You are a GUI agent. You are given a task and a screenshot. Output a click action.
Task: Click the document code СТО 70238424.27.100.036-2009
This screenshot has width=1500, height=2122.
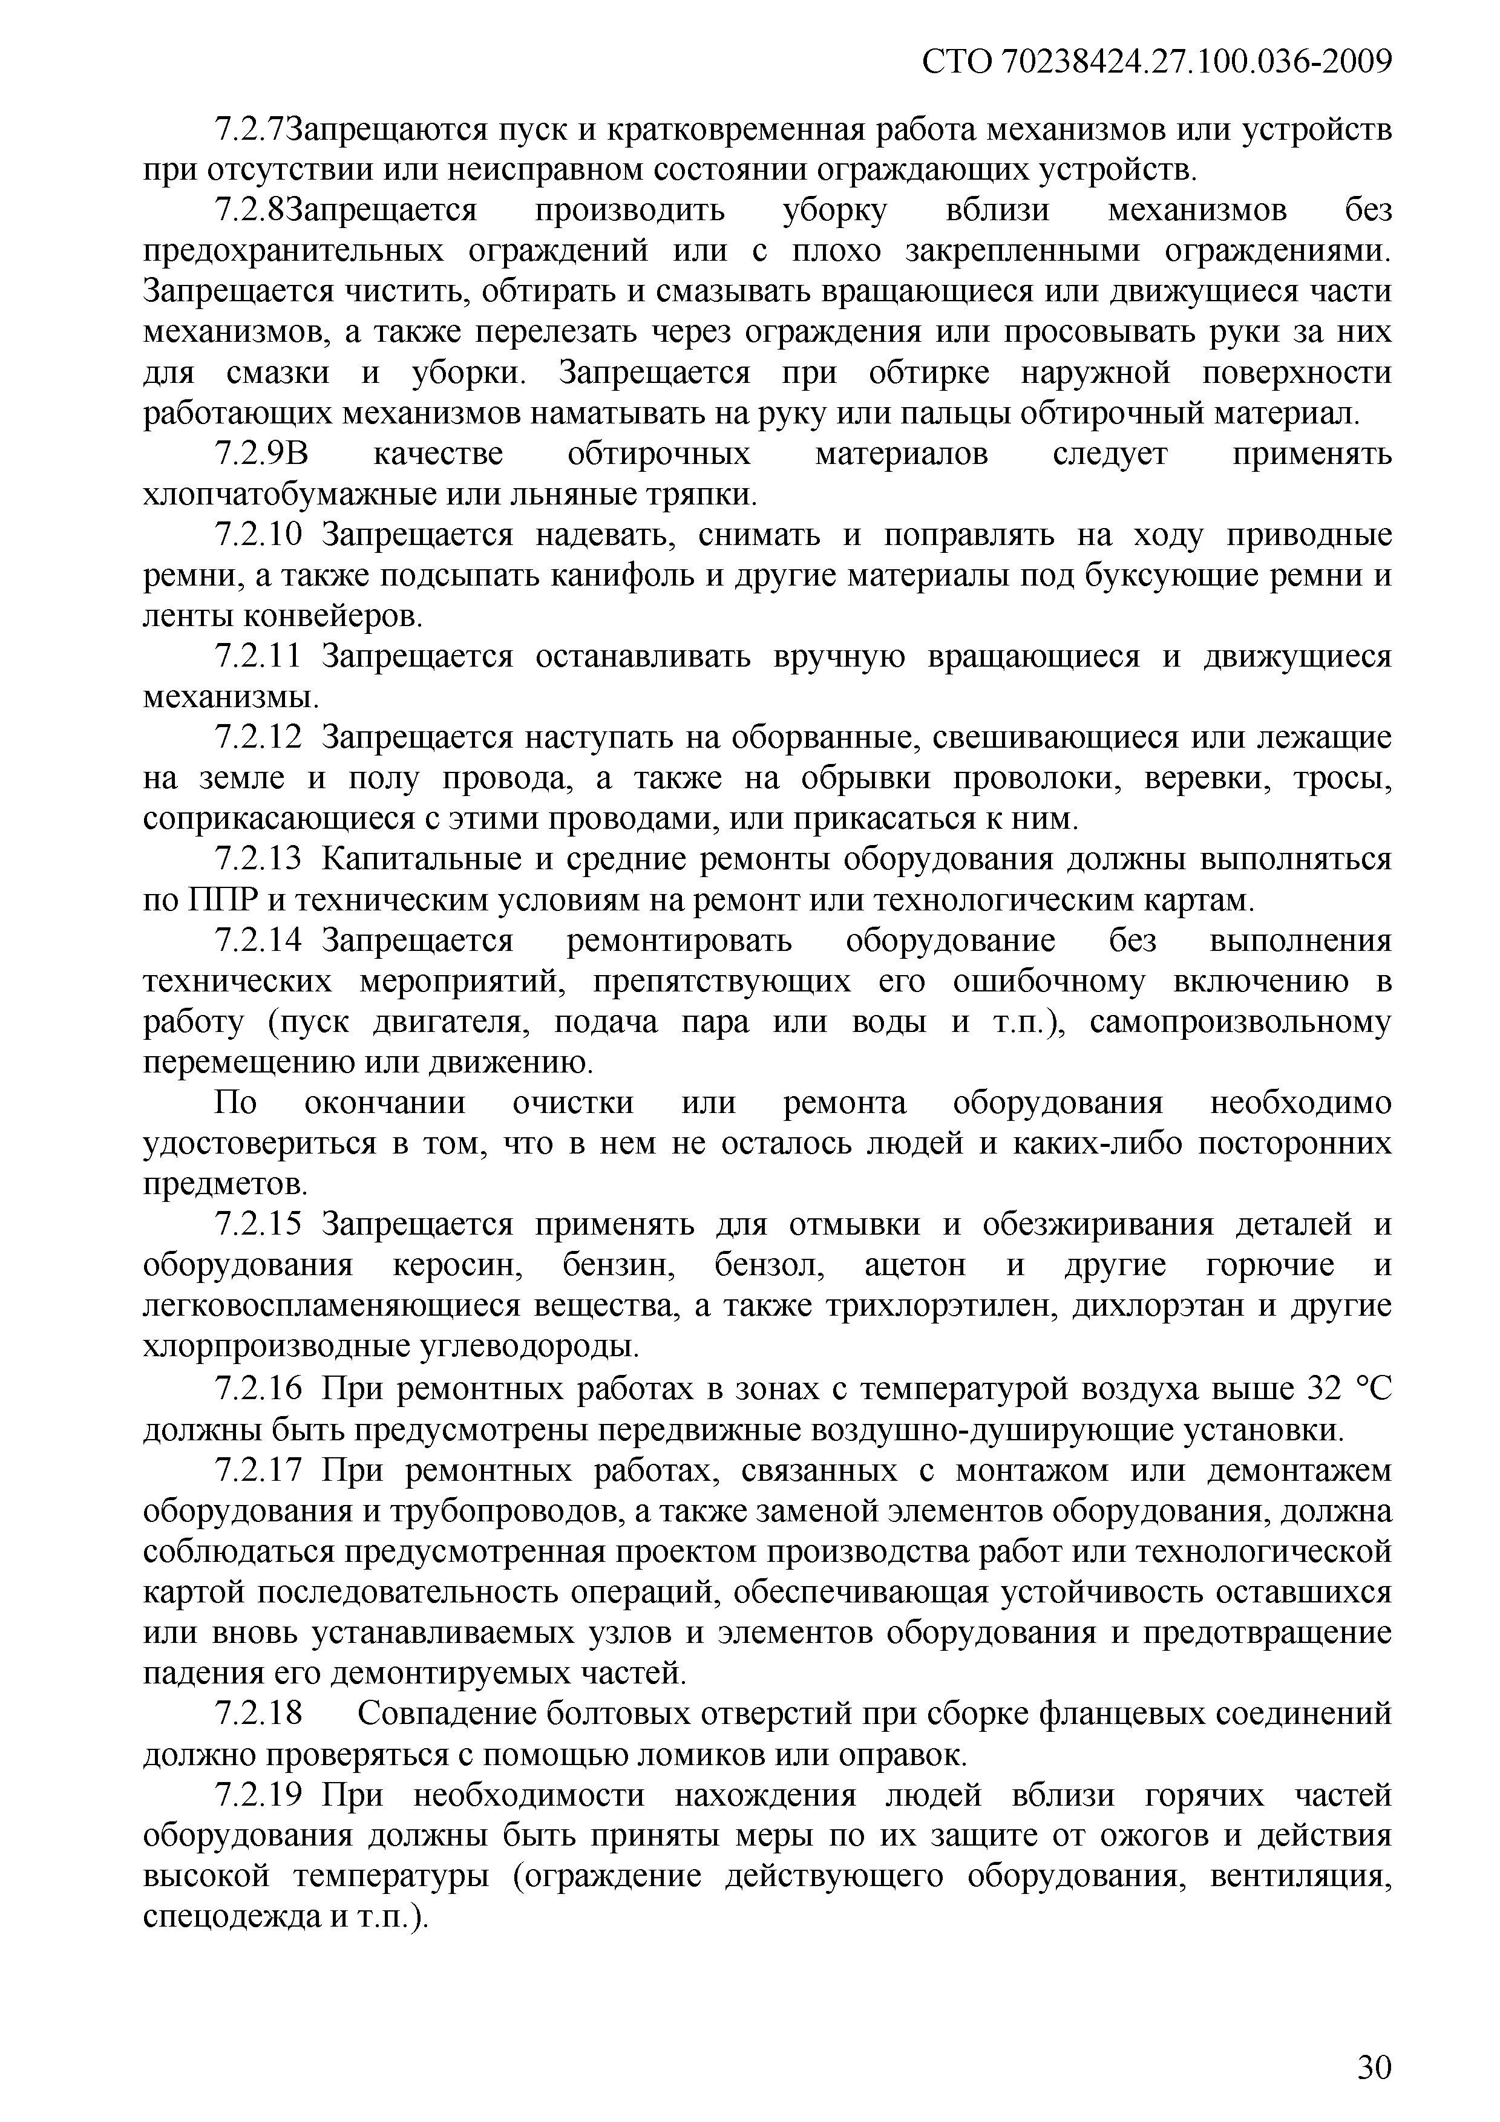pos(1156,62)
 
